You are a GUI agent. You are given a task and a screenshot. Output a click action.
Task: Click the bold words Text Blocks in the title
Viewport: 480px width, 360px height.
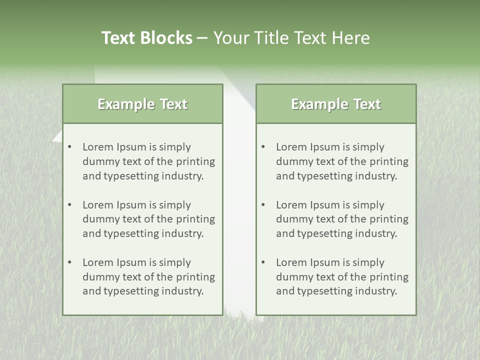click(146, 38)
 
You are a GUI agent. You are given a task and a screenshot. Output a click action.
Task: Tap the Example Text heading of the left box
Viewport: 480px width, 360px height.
click(142, 104)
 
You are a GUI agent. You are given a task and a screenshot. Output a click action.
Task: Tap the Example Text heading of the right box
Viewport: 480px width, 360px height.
click(336, 104)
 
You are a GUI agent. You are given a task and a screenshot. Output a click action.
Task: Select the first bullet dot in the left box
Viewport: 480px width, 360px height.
click(70, 147)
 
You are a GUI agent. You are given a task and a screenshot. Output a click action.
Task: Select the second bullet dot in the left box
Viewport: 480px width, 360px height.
click(70, 205)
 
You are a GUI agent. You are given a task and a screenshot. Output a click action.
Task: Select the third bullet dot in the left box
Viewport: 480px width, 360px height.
click(70, 262)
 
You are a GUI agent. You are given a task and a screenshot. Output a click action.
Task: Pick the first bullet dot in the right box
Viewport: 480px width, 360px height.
click(263, 147)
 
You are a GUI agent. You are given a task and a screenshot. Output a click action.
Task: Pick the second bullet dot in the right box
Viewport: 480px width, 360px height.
click(263, 205)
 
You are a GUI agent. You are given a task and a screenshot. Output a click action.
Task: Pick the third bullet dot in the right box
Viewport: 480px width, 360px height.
click(263, 262)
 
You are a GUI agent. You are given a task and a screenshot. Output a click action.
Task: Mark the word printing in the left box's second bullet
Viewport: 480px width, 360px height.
click(195, 219)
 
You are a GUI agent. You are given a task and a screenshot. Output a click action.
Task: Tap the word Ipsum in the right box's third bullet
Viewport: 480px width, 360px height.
click(326, 262)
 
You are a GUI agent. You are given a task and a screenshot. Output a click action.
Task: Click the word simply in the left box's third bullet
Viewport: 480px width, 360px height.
click(175, 262)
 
